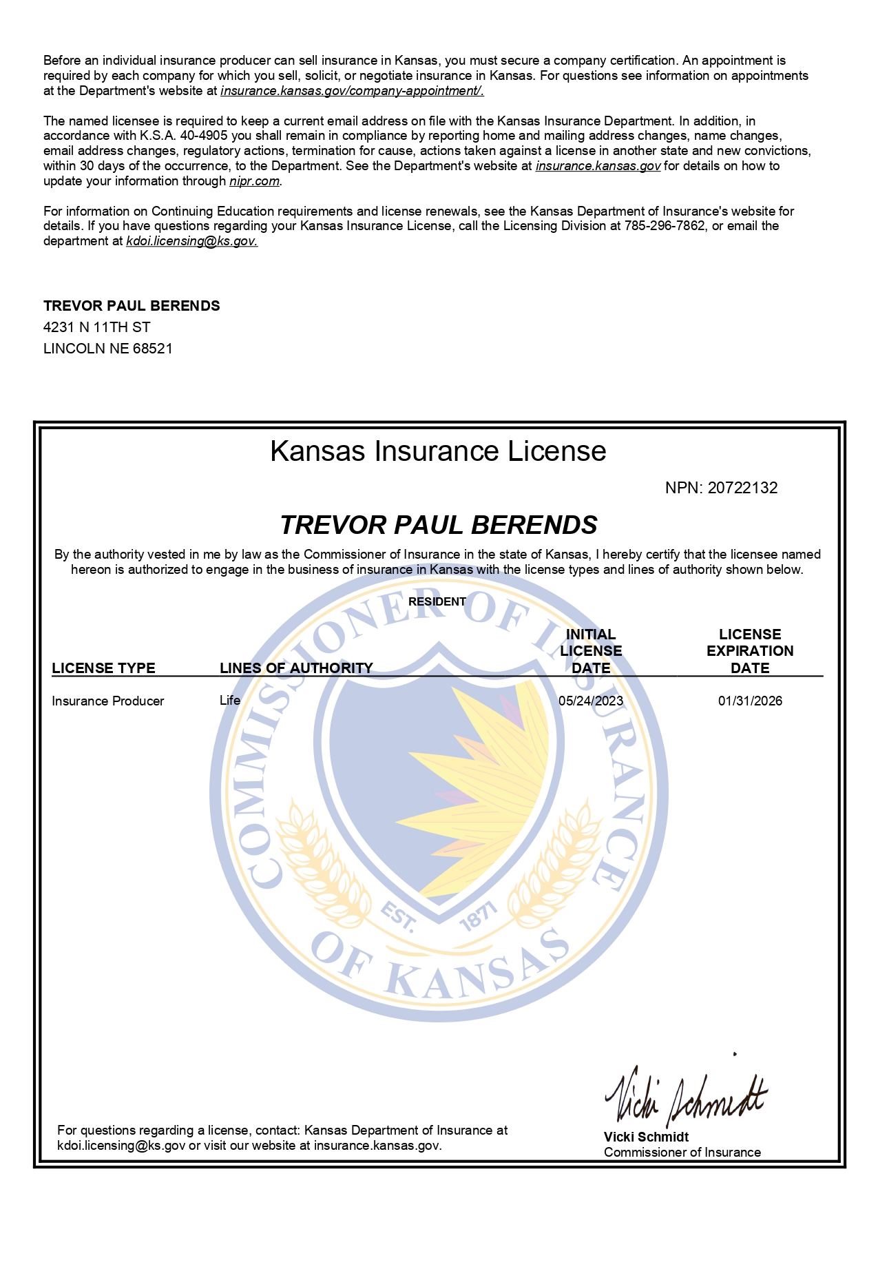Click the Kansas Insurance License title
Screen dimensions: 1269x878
438,452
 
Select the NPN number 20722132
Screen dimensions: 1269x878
742,488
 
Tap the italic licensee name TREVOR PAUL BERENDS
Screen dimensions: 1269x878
439,525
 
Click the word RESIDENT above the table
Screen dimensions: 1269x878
437,601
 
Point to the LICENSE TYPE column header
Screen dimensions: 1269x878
103,668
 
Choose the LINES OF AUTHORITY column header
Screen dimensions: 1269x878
296,668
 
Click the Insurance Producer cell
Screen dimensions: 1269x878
108,701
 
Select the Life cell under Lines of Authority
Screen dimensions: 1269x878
230,700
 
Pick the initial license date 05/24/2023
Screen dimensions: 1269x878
591,701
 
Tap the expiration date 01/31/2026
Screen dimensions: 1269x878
750,701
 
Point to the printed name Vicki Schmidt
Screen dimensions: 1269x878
646,1137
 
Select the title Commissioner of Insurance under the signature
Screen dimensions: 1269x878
682,1152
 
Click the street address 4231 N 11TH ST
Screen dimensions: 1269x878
97,327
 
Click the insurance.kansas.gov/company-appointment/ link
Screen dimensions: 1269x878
352,91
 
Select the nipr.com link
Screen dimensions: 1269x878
254,181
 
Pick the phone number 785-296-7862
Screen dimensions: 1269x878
665,226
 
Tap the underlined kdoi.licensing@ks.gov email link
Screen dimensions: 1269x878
191,241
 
